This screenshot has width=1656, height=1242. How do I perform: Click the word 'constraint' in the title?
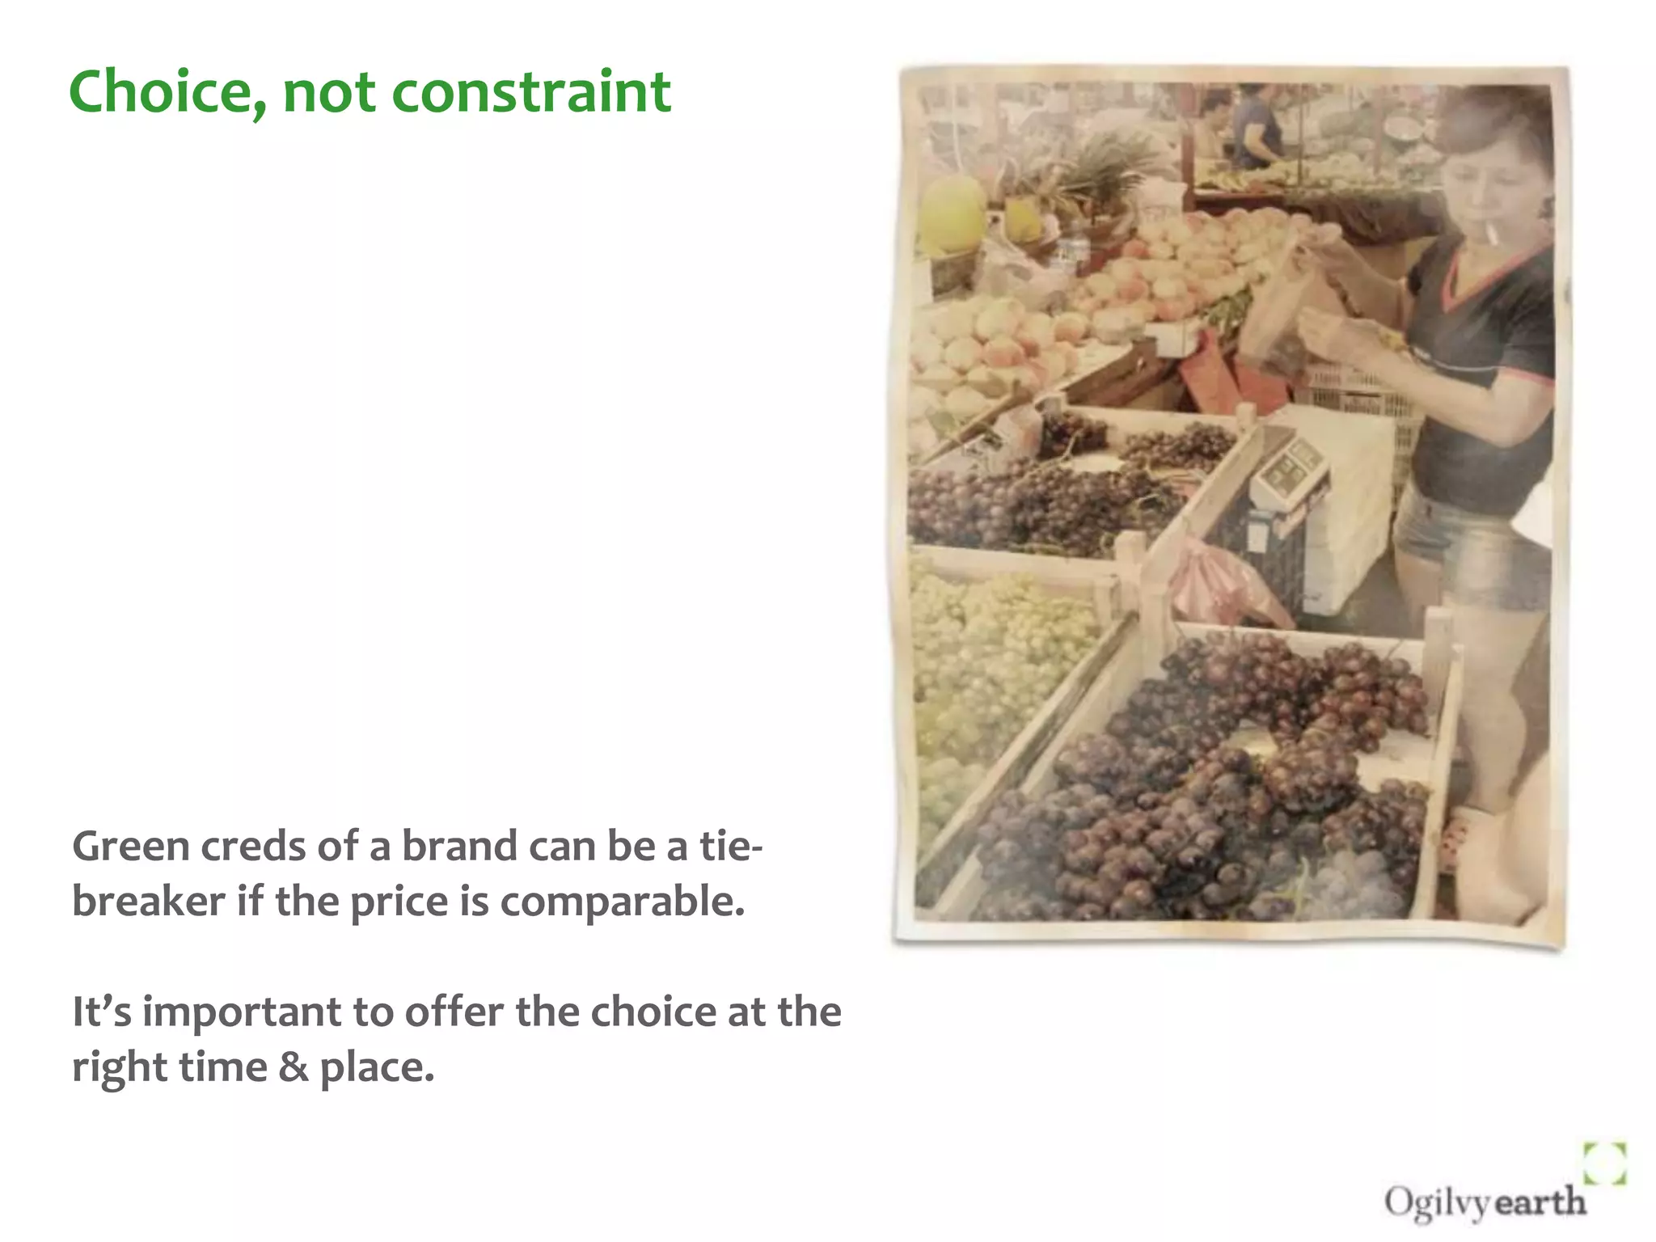(x=531, y=91)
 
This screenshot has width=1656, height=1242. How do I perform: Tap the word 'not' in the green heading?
(x=328, y=92)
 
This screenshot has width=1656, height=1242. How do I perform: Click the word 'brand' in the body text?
(x=458, y=847)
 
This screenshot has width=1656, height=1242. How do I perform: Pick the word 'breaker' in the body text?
(x=148, y=901)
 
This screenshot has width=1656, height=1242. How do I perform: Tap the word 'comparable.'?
(x=622, y=902)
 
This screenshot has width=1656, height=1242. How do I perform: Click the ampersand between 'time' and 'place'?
(x=293, y=1067)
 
